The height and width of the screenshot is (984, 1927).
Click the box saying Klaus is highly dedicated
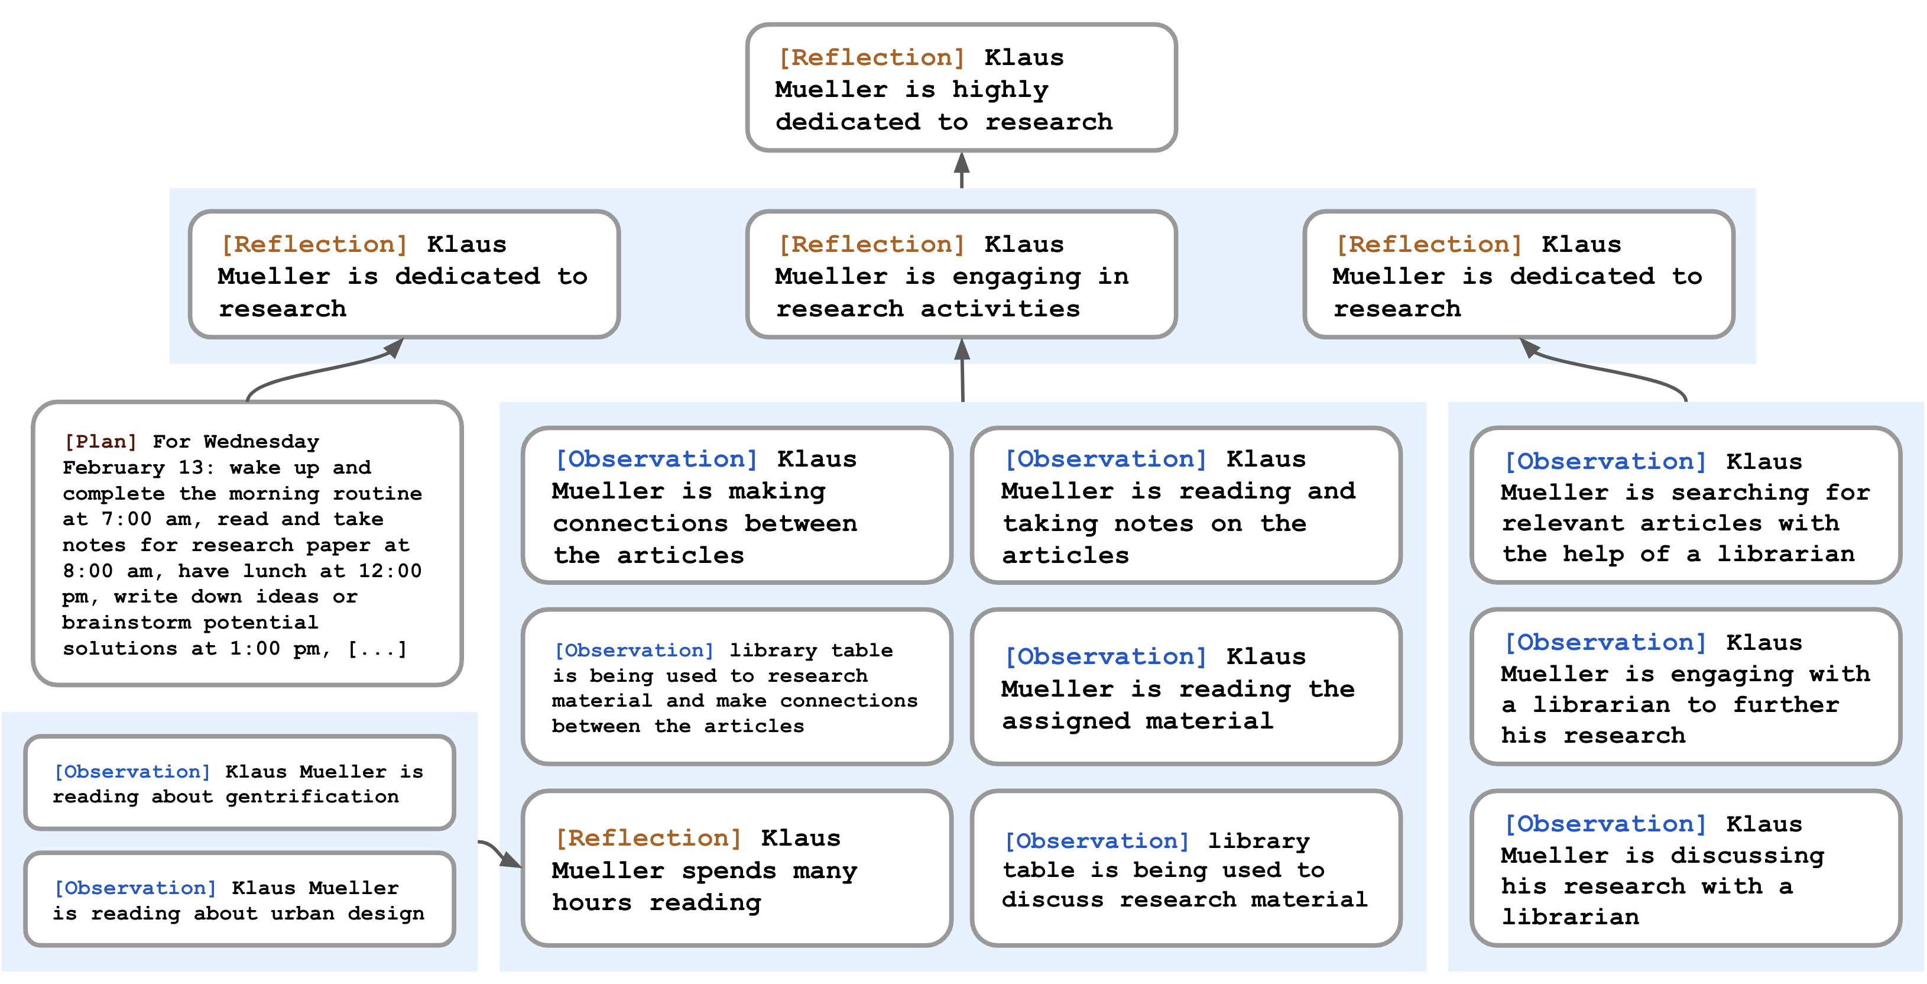point(961,88)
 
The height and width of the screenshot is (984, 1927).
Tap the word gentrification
point(312,797)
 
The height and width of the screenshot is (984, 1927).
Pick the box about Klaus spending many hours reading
point(737,868)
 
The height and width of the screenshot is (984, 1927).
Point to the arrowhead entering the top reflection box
point(962,163)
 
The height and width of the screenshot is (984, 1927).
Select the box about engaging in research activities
point(961,274)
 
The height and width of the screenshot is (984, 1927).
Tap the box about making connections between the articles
point(737,506)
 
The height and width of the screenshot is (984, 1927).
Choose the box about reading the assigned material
point(1186,687)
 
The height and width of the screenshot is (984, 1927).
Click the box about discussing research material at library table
point(1186,868)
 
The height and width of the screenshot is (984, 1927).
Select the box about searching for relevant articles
point(1685,506)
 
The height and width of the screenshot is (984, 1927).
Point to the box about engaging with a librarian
point(1685,687)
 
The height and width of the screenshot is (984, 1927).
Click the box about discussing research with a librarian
point(1685,868)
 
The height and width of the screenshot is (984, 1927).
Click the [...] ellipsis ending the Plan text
point(378,648)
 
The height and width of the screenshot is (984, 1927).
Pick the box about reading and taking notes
point(1186,506)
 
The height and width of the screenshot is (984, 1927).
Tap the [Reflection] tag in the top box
point(871,57)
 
